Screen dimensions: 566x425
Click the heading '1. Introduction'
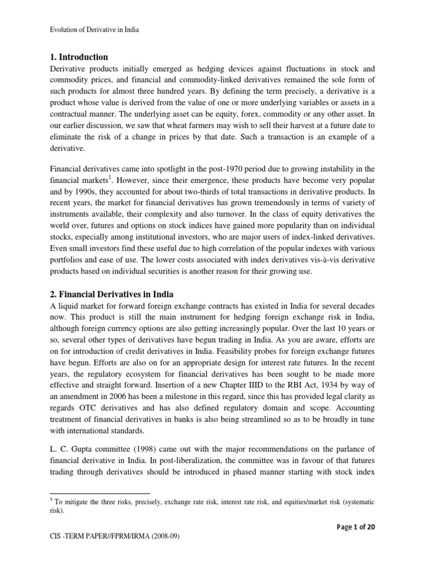pyautogui.click(x=79, y=57)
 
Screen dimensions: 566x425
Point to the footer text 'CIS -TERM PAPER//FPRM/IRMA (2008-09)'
pyautogui.click(x=115, y=551)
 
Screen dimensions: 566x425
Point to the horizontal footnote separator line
pyautogui.click(x=100, y=493)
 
